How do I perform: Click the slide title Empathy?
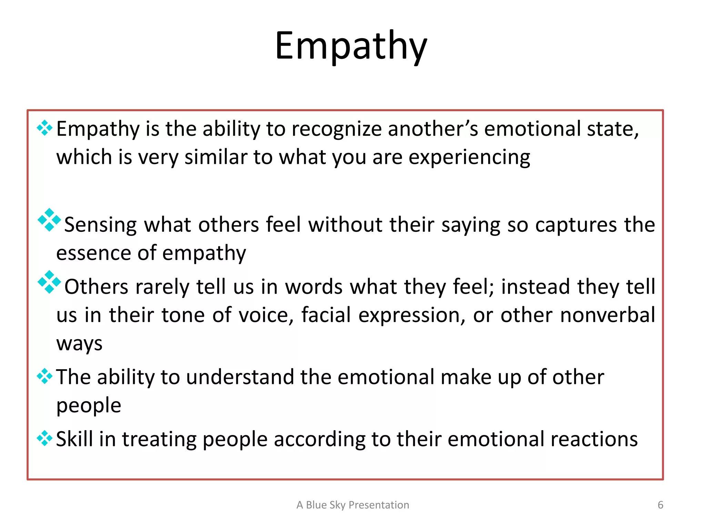point(351,46)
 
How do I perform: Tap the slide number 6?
point(660,505)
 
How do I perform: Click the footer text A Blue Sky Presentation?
point(353,505)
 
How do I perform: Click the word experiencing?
point(469,158)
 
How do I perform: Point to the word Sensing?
point(100,225)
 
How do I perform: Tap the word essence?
point(93,253)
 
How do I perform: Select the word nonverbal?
point(607,315)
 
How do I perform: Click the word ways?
point(79,344)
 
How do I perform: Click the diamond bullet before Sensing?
point(49,220)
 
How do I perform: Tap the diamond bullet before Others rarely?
point(49,282)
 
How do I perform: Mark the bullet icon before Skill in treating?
point(44,438)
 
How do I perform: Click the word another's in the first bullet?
point(433,129)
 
